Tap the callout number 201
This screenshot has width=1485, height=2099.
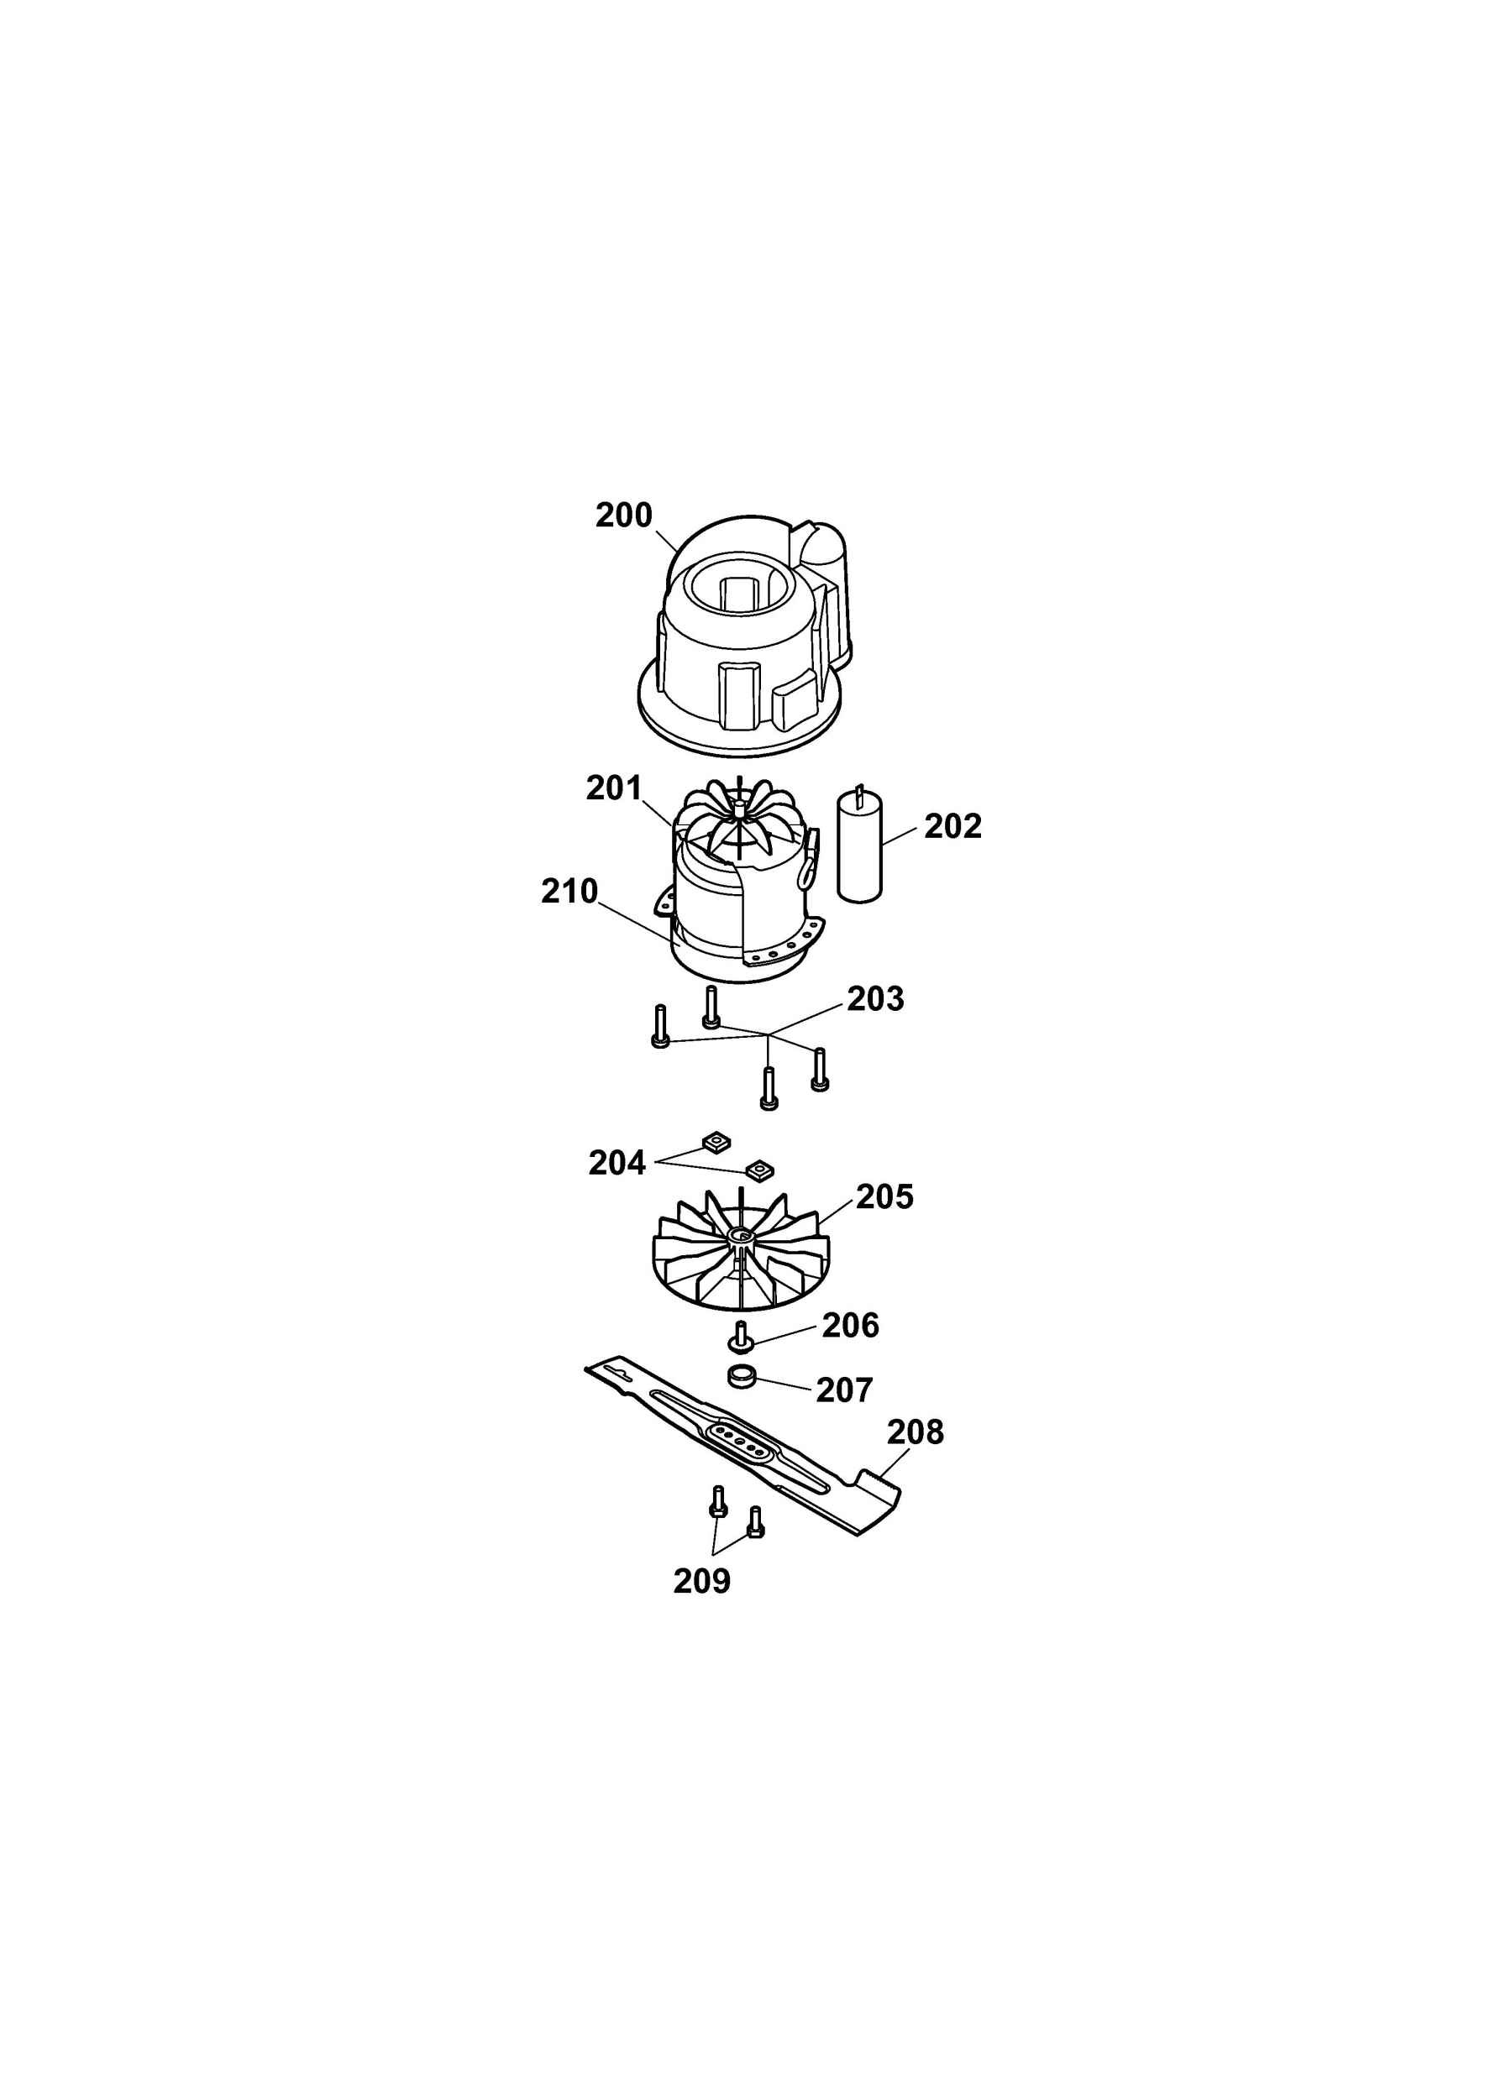[x=615, y=788]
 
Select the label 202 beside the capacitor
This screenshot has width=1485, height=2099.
[x=952, y=826]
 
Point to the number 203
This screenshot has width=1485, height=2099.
[x=875, y=999]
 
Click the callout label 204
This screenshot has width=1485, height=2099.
[x=617, y=1164]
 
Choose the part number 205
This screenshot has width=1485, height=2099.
[x=884, y=1196]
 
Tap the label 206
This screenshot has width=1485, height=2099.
[x=850, y=1326]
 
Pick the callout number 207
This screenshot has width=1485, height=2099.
[x=845, y=1390]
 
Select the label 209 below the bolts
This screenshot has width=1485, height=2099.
[x=702, y=1582]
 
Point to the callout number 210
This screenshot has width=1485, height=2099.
[x=569, y=892]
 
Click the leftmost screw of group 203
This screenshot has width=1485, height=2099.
[x=660, y=1027]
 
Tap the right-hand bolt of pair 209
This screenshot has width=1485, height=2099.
[x=755, y=1521]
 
